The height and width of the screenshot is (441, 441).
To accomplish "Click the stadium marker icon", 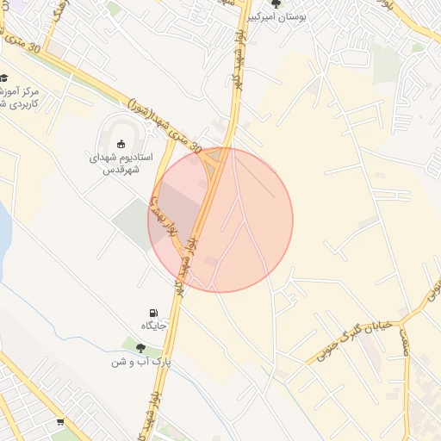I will tap(121, 144).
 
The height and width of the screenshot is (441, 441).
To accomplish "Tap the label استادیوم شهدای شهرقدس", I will tap(121, 164).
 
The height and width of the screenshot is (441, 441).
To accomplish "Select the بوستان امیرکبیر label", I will tap(279, 16).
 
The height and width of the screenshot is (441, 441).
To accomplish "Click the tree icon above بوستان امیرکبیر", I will tap(276, 3).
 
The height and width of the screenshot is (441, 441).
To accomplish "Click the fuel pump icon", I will tap(153, 313).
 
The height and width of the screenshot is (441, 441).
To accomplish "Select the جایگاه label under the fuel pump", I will tap(153, 326).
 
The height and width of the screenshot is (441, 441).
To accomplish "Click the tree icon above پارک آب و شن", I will tap(140, 348).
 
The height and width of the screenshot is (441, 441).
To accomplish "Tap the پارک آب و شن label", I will tap(140, 362).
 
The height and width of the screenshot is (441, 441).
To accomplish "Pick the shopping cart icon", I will tap(59, 422).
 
